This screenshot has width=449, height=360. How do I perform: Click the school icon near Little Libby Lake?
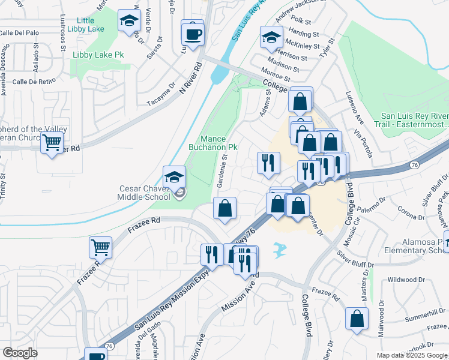[128, 20]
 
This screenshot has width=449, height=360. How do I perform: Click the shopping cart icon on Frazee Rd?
[100, 247]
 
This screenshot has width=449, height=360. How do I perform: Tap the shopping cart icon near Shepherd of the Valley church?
[52, 143]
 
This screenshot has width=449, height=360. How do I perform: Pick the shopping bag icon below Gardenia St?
[224, 209]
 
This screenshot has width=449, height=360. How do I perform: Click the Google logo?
[20, 353]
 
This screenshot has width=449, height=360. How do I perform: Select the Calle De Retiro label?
[34, 81]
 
